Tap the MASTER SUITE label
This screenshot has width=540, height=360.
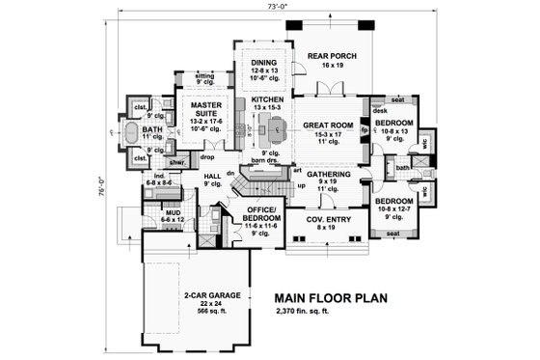(x=205, y=107)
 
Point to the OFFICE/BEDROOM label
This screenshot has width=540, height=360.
(x=262, y=213)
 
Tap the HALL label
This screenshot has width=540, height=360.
(x=214, y=176)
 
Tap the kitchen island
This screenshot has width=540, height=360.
(x=278, y=125)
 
